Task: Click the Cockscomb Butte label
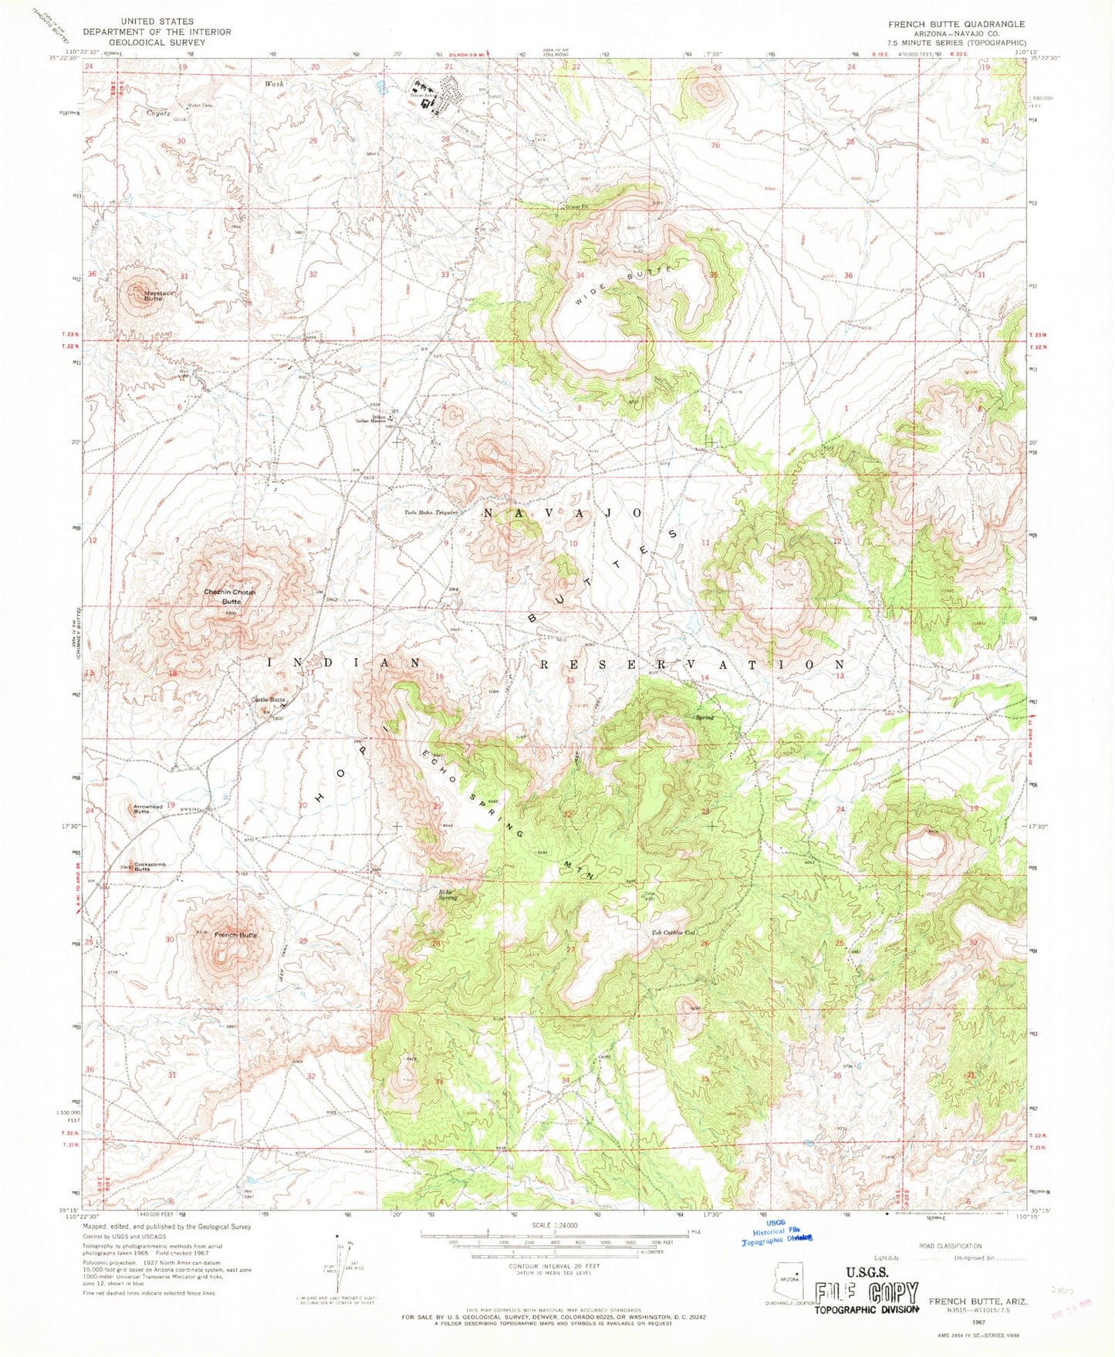(149, 866)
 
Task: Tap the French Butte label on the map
(235, 934)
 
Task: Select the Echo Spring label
(448, 896)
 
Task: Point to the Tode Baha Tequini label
(432, 511)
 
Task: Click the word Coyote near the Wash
(158, 113)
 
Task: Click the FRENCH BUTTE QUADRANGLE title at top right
(956, 24)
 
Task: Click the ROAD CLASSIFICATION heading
(950, 1246)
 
